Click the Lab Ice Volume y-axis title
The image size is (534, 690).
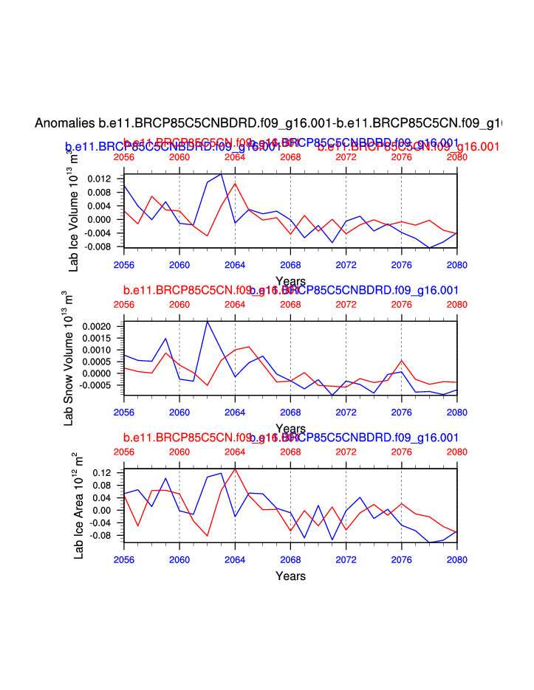pyautogui.click(x=74, y=209)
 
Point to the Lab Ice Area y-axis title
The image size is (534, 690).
pyautogui.click(x=79, y=506)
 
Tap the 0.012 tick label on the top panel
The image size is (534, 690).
pyautogui.click(x=100, y=179)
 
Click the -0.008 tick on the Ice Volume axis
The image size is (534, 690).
pyautogui.click(x=98, y=246)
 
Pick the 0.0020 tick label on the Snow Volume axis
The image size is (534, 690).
pyautogui.click(x=97, y=326)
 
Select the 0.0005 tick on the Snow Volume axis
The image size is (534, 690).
pyautogui.click(x=97, y=362)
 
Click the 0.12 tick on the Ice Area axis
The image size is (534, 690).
pyautogui.click(x=103, y=472)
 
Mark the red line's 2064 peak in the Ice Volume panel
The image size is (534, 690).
pyautogui.click(x=235, y=183)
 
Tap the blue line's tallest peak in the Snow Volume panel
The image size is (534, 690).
pyautogui.click(x=208, y=321)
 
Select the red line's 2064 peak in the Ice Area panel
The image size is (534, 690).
pyautogui.click(x=235, y=469)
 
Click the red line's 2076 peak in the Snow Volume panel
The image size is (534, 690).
pyautogui.click(x=401, y=360)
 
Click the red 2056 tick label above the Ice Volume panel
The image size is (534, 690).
pyautogui.click(x=124, y=157)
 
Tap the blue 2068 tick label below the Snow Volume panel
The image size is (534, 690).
pyautogui.click(x=290, y=412)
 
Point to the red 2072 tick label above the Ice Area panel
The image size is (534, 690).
pyautogui.click(x=346, y=452)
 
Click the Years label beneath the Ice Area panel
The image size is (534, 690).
pyautogui.click(x=290, y=576)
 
